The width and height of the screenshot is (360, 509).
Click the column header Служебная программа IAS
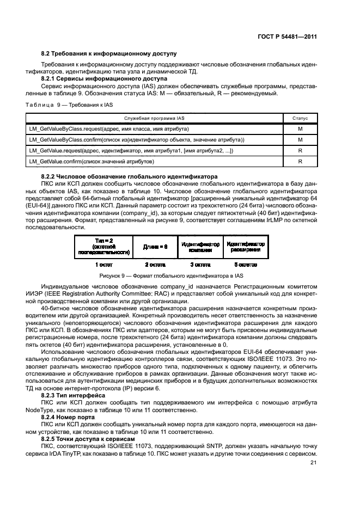coord(155,118)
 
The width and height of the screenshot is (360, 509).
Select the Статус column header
coord(300,118)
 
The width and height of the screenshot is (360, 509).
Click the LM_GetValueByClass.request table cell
coord(109,129)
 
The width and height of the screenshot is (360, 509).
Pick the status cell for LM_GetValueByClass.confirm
coord(300,140)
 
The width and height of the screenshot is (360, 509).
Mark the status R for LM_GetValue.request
coord(300,151)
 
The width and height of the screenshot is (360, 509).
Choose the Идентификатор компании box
coord(200,246)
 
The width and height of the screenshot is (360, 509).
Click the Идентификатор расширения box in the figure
coord(245,246)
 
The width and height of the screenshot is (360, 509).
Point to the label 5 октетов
coord(245,265)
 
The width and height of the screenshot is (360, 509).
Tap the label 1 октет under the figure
coord(103,265)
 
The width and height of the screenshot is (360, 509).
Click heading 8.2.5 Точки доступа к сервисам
coord(88,438)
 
